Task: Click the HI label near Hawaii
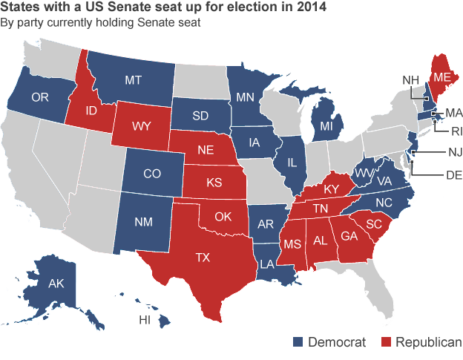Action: (146, 321)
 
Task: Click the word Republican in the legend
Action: (428, 342)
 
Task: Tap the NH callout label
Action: (412, 80)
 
